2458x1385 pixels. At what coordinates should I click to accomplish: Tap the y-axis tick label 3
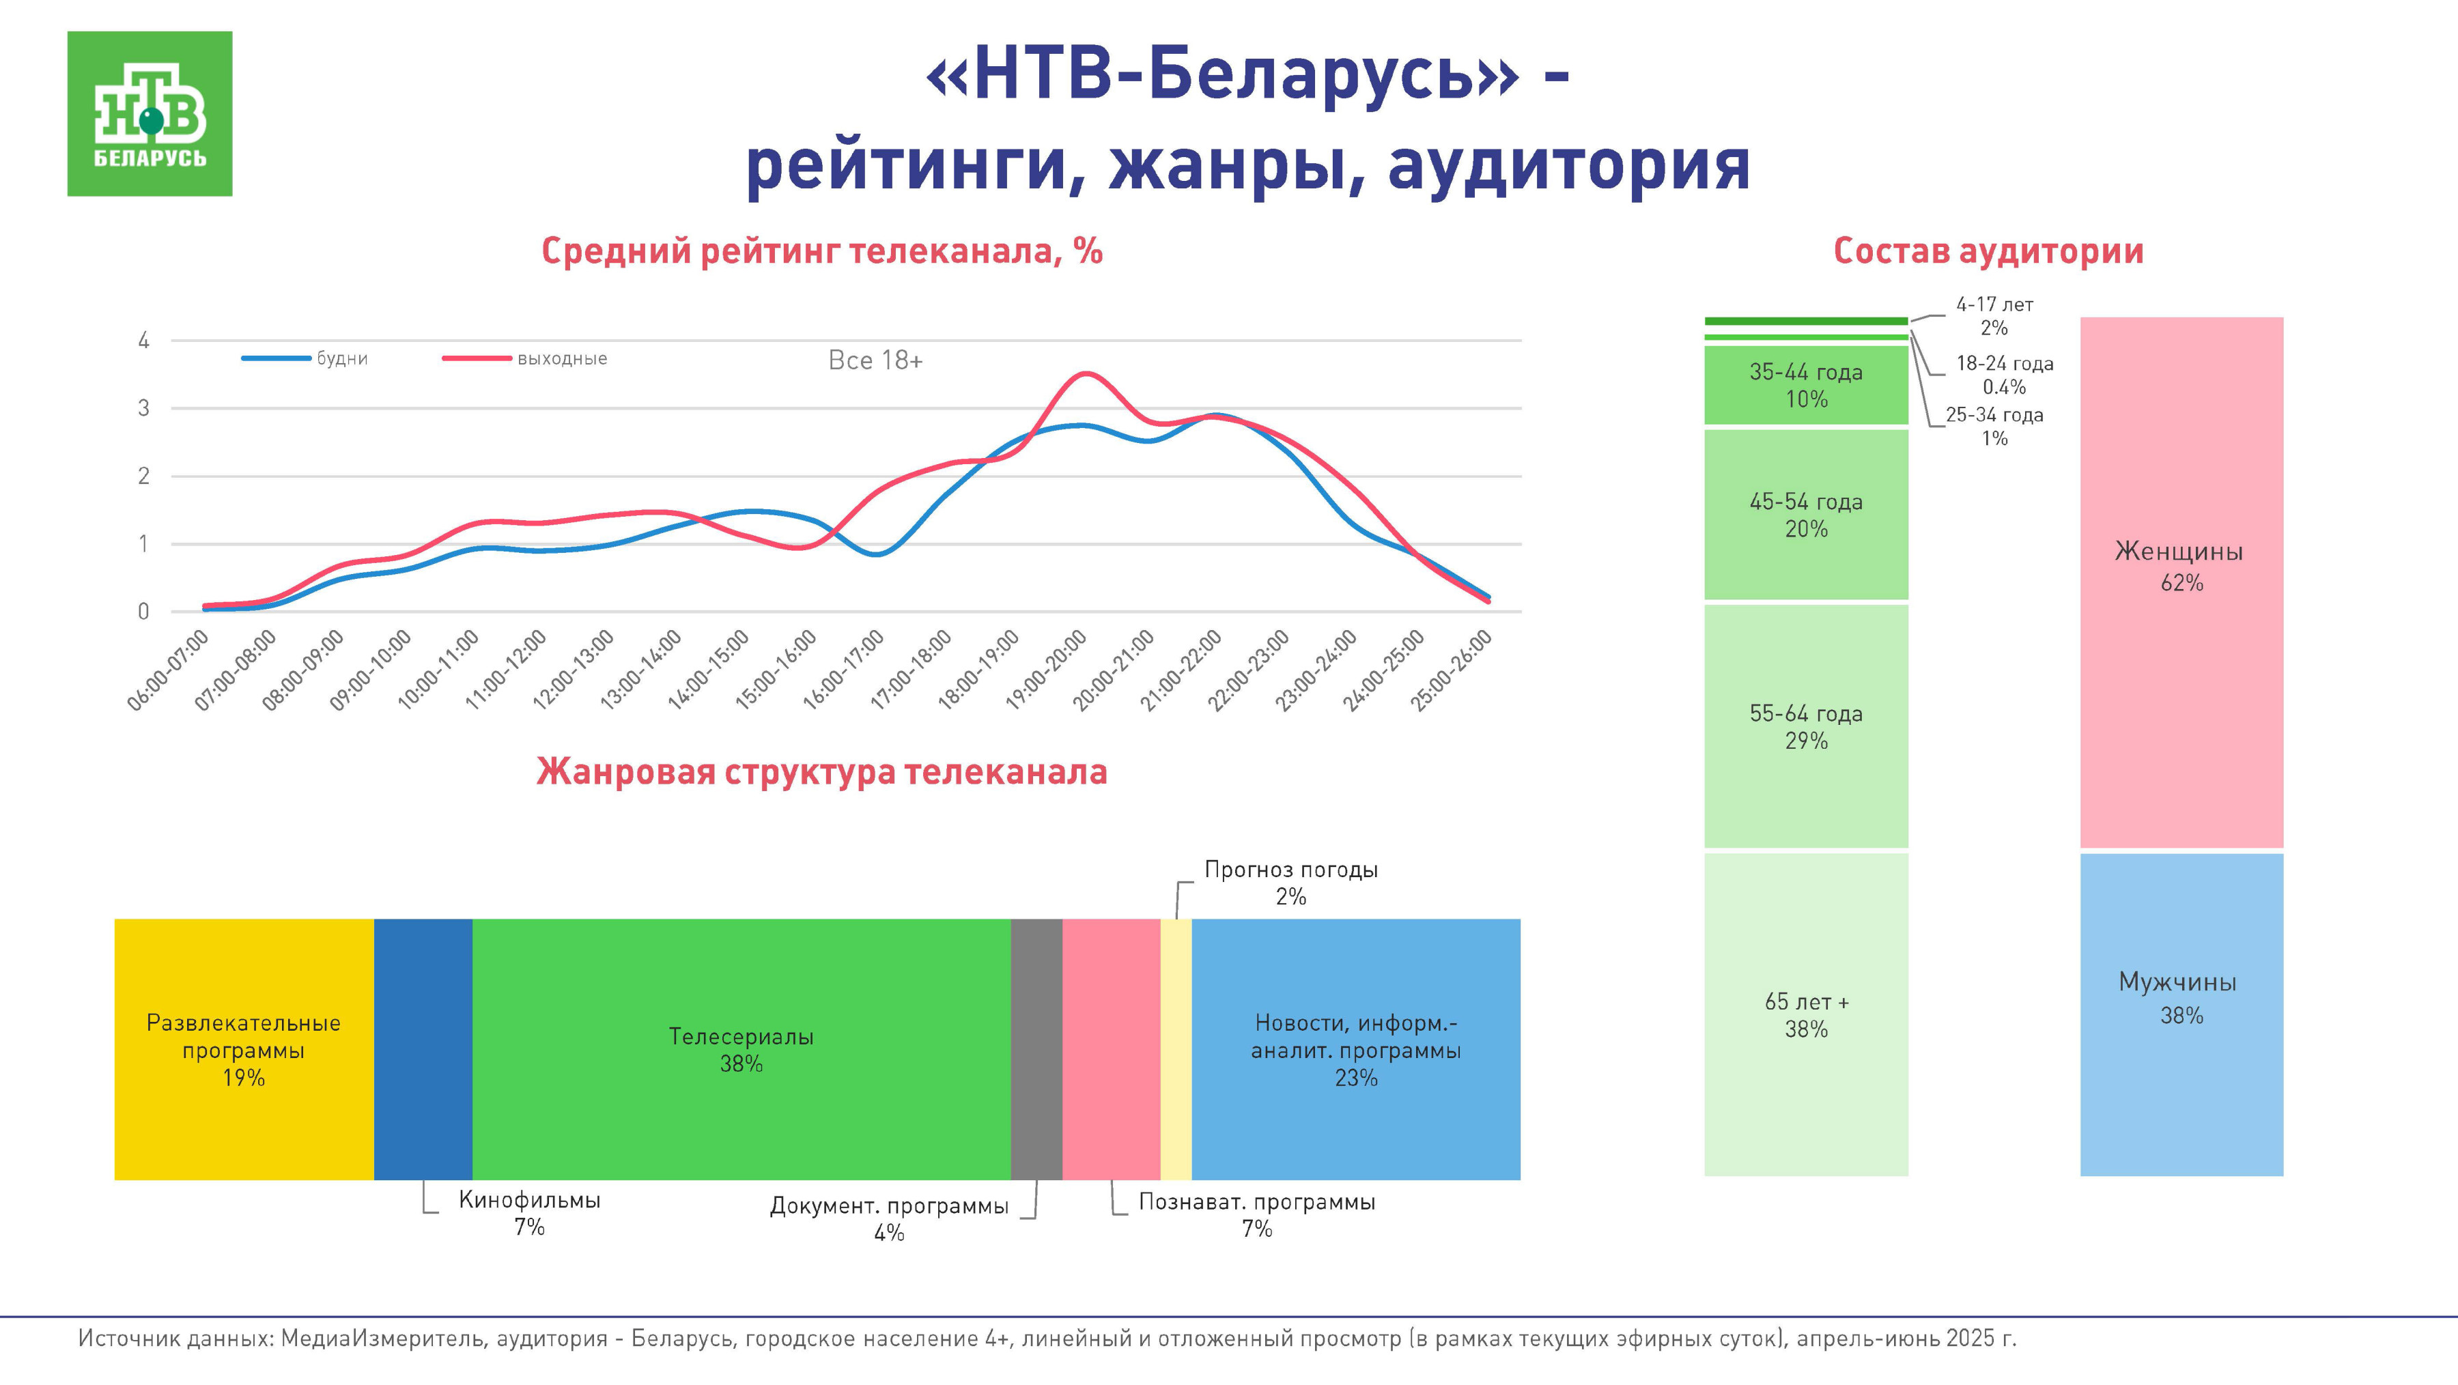pyautogui.click(x=144, y=408)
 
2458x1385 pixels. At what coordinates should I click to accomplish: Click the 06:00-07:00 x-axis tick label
pyautogui.click(x=169, y=670)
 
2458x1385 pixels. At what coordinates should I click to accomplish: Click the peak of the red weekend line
pyautogui.click(x=1087, y=374)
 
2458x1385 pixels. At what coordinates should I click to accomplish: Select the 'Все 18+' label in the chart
pyautogui.click(x=875, y=360)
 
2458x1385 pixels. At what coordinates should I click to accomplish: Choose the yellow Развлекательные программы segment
pyautogui.click(x=243, y=1049)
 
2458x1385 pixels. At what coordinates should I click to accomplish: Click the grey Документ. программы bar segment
pyautogui.click(x=1036, y=1049)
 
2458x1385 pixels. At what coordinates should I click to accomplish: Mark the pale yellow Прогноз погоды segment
pyautogui.click(x=1176, y=1049)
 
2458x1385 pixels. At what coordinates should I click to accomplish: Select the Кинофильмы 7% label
pyautogui.click(x=530, y=1212)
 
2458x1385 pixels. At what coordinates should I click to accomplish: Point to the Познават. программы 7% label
pyautogui.click(x=1257, y=1214)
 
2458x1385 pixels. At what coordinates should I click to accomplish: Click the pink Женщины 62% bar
pyautogui.click(x=2181, y=582)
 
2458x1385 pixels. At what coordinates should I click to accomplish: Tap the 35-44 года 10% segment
pyautogui.click(x=1805, y=386)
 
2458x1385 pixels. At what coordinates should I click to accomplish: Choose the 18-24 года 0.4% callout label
pyautogui.click(x=2004, y=375)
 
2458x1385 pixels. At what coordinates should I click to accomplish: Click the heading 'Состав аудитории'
pyautogui.click(x=1988, y=251)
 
